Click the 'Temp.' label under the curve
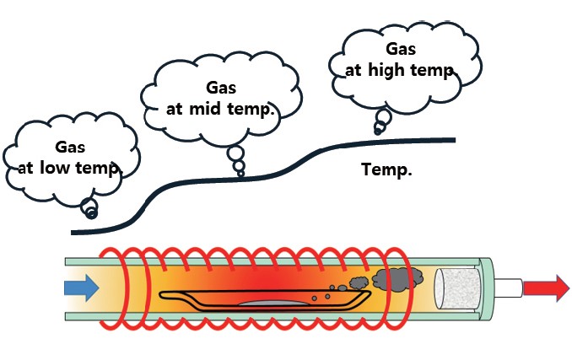386,169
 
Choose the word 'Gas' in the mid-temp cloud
222,88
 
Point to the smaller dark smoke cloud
358,283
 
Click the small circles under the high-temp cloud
381,123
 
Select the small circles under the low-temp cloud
89,207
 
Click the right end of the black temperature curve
453,140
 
